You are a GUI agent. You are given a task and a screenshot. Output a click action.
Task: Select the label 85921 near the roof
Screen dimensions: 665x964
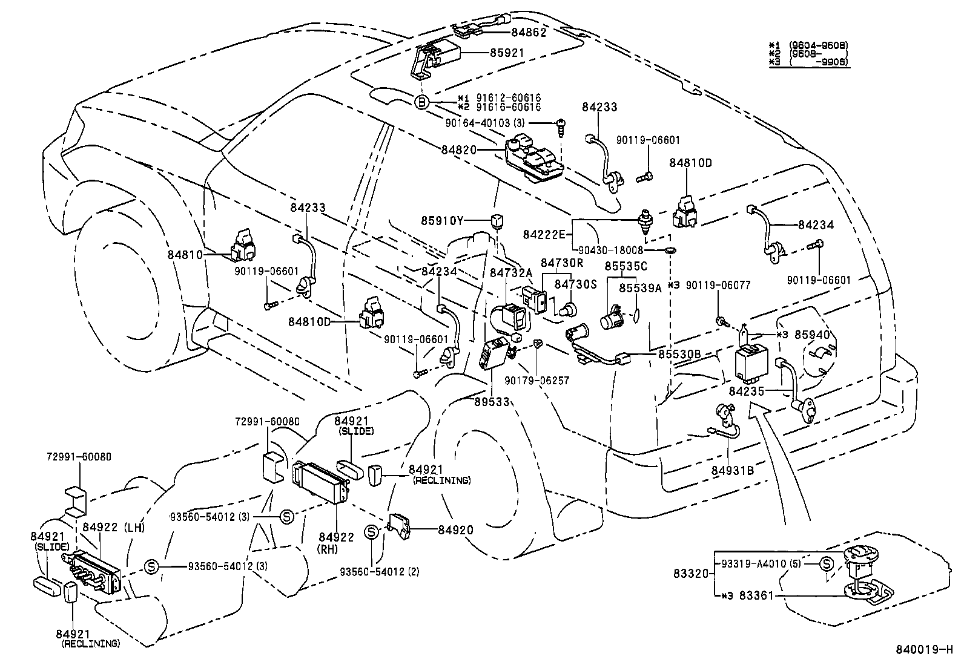(507, 53)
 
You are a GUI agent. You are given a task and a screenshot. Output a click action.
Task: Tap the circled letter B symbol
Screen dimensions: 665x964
(421, 102)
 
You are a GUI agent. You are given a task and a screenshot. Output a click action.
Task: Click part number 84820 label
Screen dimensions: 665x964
(458, 149)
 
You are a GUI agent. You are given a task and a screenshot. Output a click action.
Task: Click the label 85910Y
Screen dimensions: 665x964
(442, 221)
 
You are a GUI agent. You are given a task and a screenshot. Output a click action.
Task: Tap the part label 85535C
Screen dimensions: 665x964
(626, 266)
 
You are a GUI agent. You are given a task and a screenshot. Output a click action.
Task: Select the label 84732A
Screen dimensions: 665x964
(510, 274)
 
